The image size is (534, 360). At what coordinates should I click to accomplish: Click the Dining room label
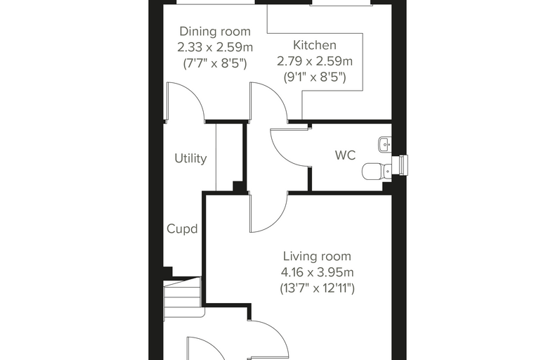215,32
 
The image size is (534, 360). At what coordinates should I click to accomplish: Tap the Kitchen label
315,45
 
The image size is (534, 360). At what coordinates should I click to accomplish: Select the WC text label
345,155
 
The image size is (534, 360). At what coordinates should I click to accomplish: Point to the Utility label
190,158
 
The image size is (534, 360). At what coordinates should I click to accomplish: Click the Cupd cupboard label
182,229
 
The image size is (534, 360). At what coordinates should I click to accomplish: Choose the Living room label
317,256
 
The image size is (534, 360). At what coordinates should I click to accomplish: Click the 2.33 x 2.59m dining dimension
215,47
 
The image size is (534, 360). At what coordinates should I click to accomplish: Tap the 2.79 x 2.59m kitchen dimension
315,61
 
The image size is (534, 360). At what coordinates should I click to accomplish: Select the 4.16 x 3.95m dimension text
317,272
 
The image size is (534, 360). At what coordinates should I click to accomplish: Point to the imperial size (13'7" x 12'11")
317,288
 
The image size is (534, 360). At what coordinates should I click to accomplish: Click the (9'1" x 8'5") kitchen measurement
315,77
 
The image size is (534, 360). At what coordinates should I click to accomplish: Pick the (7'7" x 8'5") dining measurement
215,63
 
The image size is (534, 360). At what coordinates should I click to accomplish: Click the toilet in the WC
377,171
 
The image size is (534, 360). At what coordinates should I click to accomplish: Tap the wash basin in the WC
385,145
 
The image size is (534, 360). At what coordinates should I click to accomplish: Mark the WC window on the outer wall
400,165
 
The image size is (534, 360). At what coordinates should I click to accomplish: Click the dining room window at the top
216,2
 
